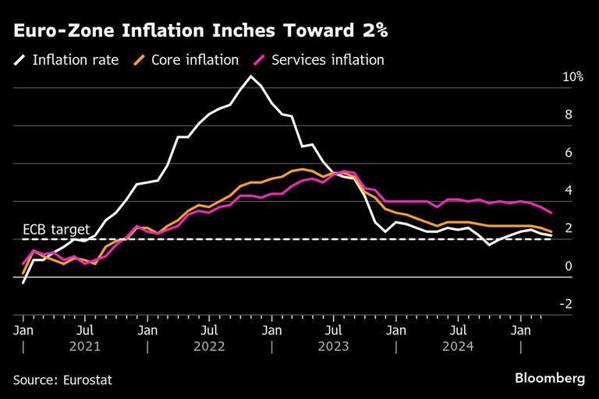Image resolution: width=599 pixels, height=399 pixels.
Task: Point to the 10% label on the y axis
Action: [572, 77]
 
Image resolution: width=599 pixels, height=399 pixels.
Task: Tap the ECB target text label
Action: [56, 229]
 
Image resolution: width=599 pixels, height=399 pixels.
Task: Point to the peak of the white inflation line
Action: [250, 76]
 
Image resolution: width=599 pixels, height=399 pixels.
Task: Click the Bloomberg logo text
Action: [549, 378]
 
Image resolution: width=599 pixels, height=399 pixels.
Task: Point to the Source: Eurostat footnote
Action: [62, 380]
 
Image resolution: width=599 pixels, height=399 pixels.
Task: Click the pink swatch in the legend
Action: [258, 59]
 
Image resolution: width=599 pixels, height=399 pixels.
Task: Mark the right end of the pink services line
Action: [552, 212]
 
